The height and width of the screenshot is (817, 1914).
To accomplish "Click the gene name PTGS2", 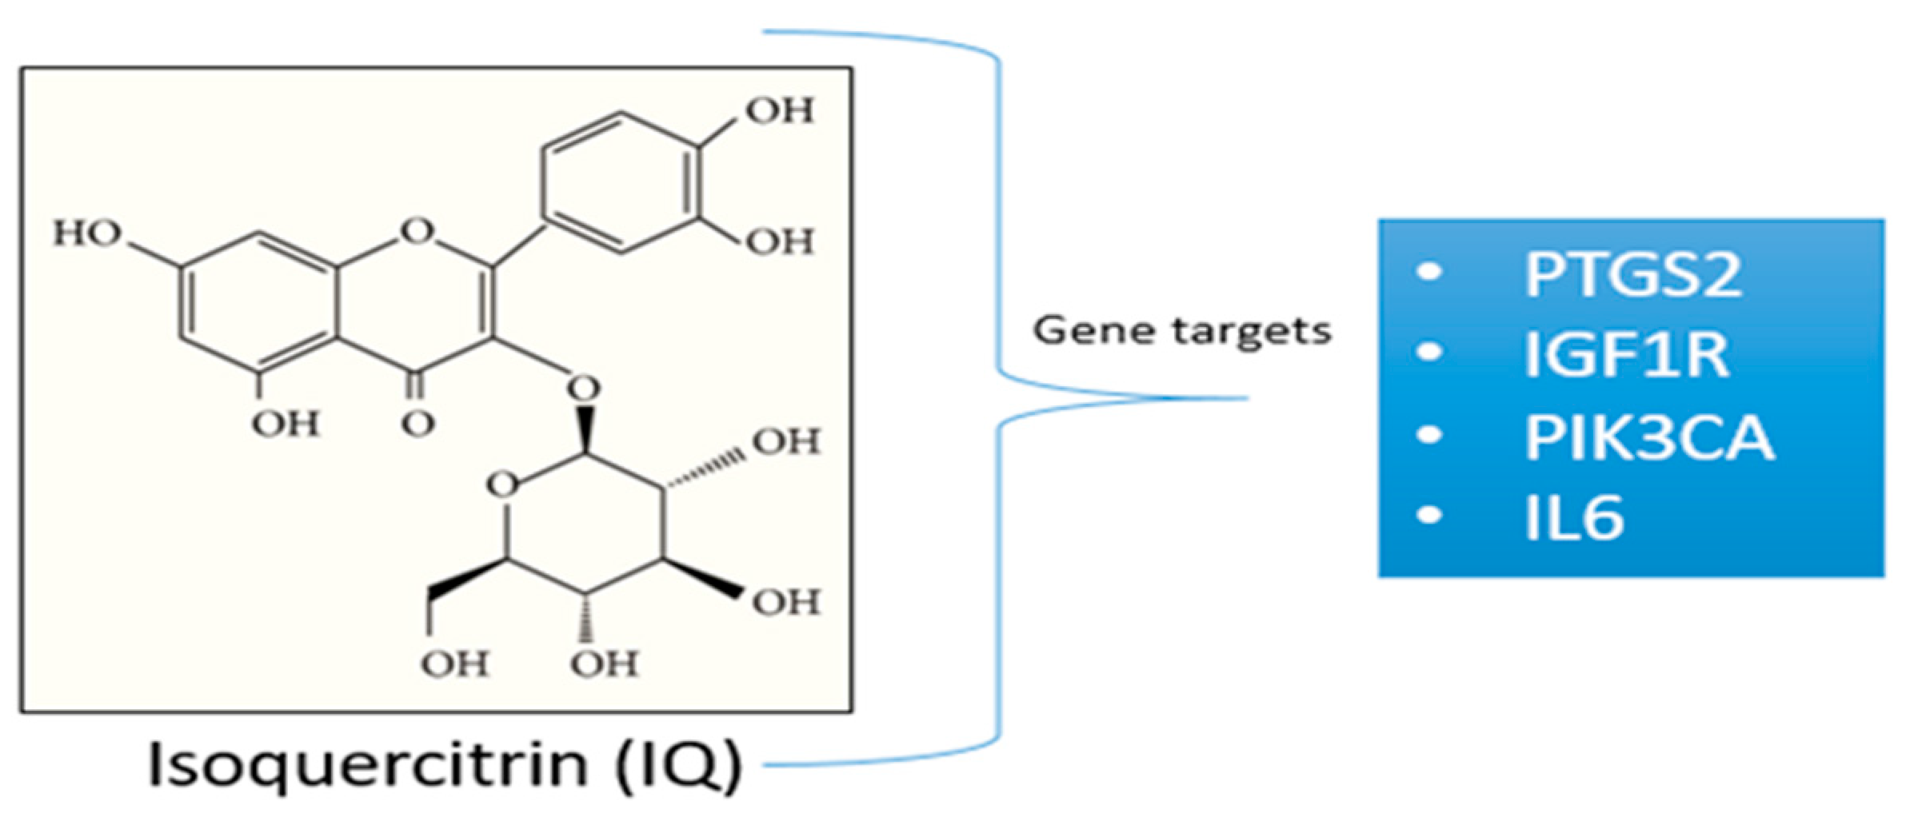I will [1632, 274].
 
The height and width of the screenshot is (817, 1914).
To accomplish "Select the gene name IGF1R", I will [1626, 354].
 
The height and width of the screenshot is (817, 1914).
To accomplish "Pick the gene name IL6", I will [1573, 518].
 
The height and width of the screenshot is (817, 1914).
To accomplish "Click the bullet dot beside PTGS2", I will [1429, 272].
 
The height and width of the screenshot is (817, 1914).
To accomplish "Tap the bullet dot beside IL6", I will [1429, 515].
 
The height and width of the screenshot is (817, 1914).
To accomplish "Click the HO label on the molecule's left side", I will [87, 233].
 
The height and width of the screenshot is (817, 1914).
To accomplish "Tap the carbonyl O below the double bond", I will [418, 423].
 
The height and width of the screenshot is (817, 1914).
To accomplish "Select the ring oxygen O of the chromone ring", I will [417, 231].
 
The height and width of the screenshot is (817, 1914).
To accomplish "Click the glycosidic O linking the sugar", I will [584, 389].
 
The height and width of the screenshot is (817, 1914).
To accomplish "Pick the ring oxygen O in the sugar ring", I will [502, 484].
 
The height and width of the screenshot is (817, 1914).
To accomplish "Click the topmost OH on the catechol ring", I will [780, 110].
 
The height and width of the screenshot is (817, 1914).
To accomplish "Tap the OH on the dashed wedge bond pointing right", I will [786, 441].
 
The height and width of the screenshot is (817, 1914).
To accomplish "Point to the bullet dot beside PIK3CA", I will [1429, 435].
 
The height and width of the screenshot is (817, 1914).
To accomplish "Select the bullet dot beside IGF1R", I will [1429, 352].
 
